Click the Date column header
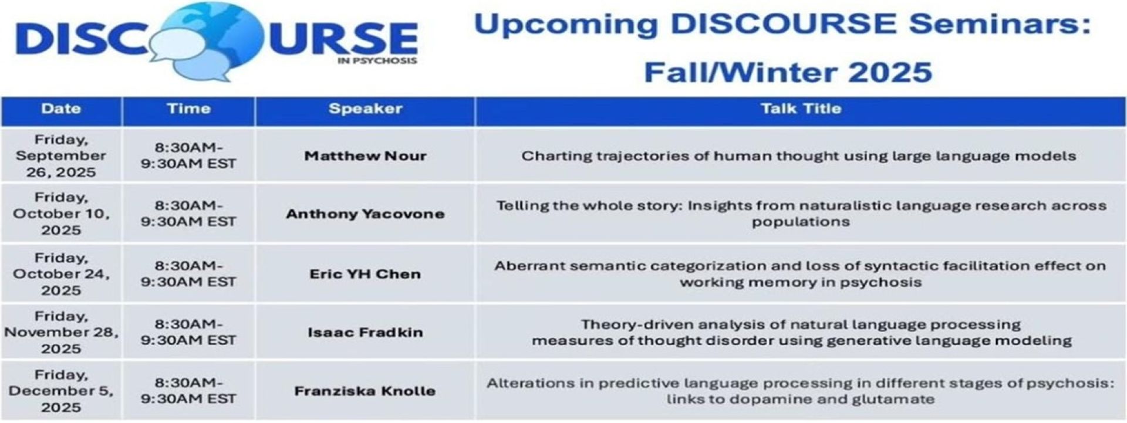coord(61,109)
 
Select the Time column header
coord(188,109)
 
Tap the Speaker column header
coord(365,109)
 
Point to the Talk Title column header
coord(801,109)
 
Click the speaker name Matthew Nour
coord(365,156)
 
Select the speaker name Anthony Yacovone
coord(365,214)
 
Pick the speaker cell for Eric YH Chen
coord(365,274)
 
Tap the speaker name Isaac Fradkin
coord(365,333)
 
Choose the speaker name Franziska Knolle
coord(365,391)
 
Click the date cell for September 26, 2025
coord(61,156)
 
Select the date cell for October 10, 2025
coord(61,214)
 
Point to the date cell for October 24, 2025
coord(61,274)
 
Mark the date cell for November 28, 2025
coord(61,333)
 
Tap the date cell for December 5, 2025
coord(61,391)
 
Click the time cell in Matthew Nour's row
coord(188,156)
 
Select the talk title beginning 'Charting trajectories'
coord(799,156)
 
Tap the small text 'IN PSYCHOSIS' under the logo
coord(377,60)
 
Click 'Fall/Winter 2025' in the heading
coord(788,73)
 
